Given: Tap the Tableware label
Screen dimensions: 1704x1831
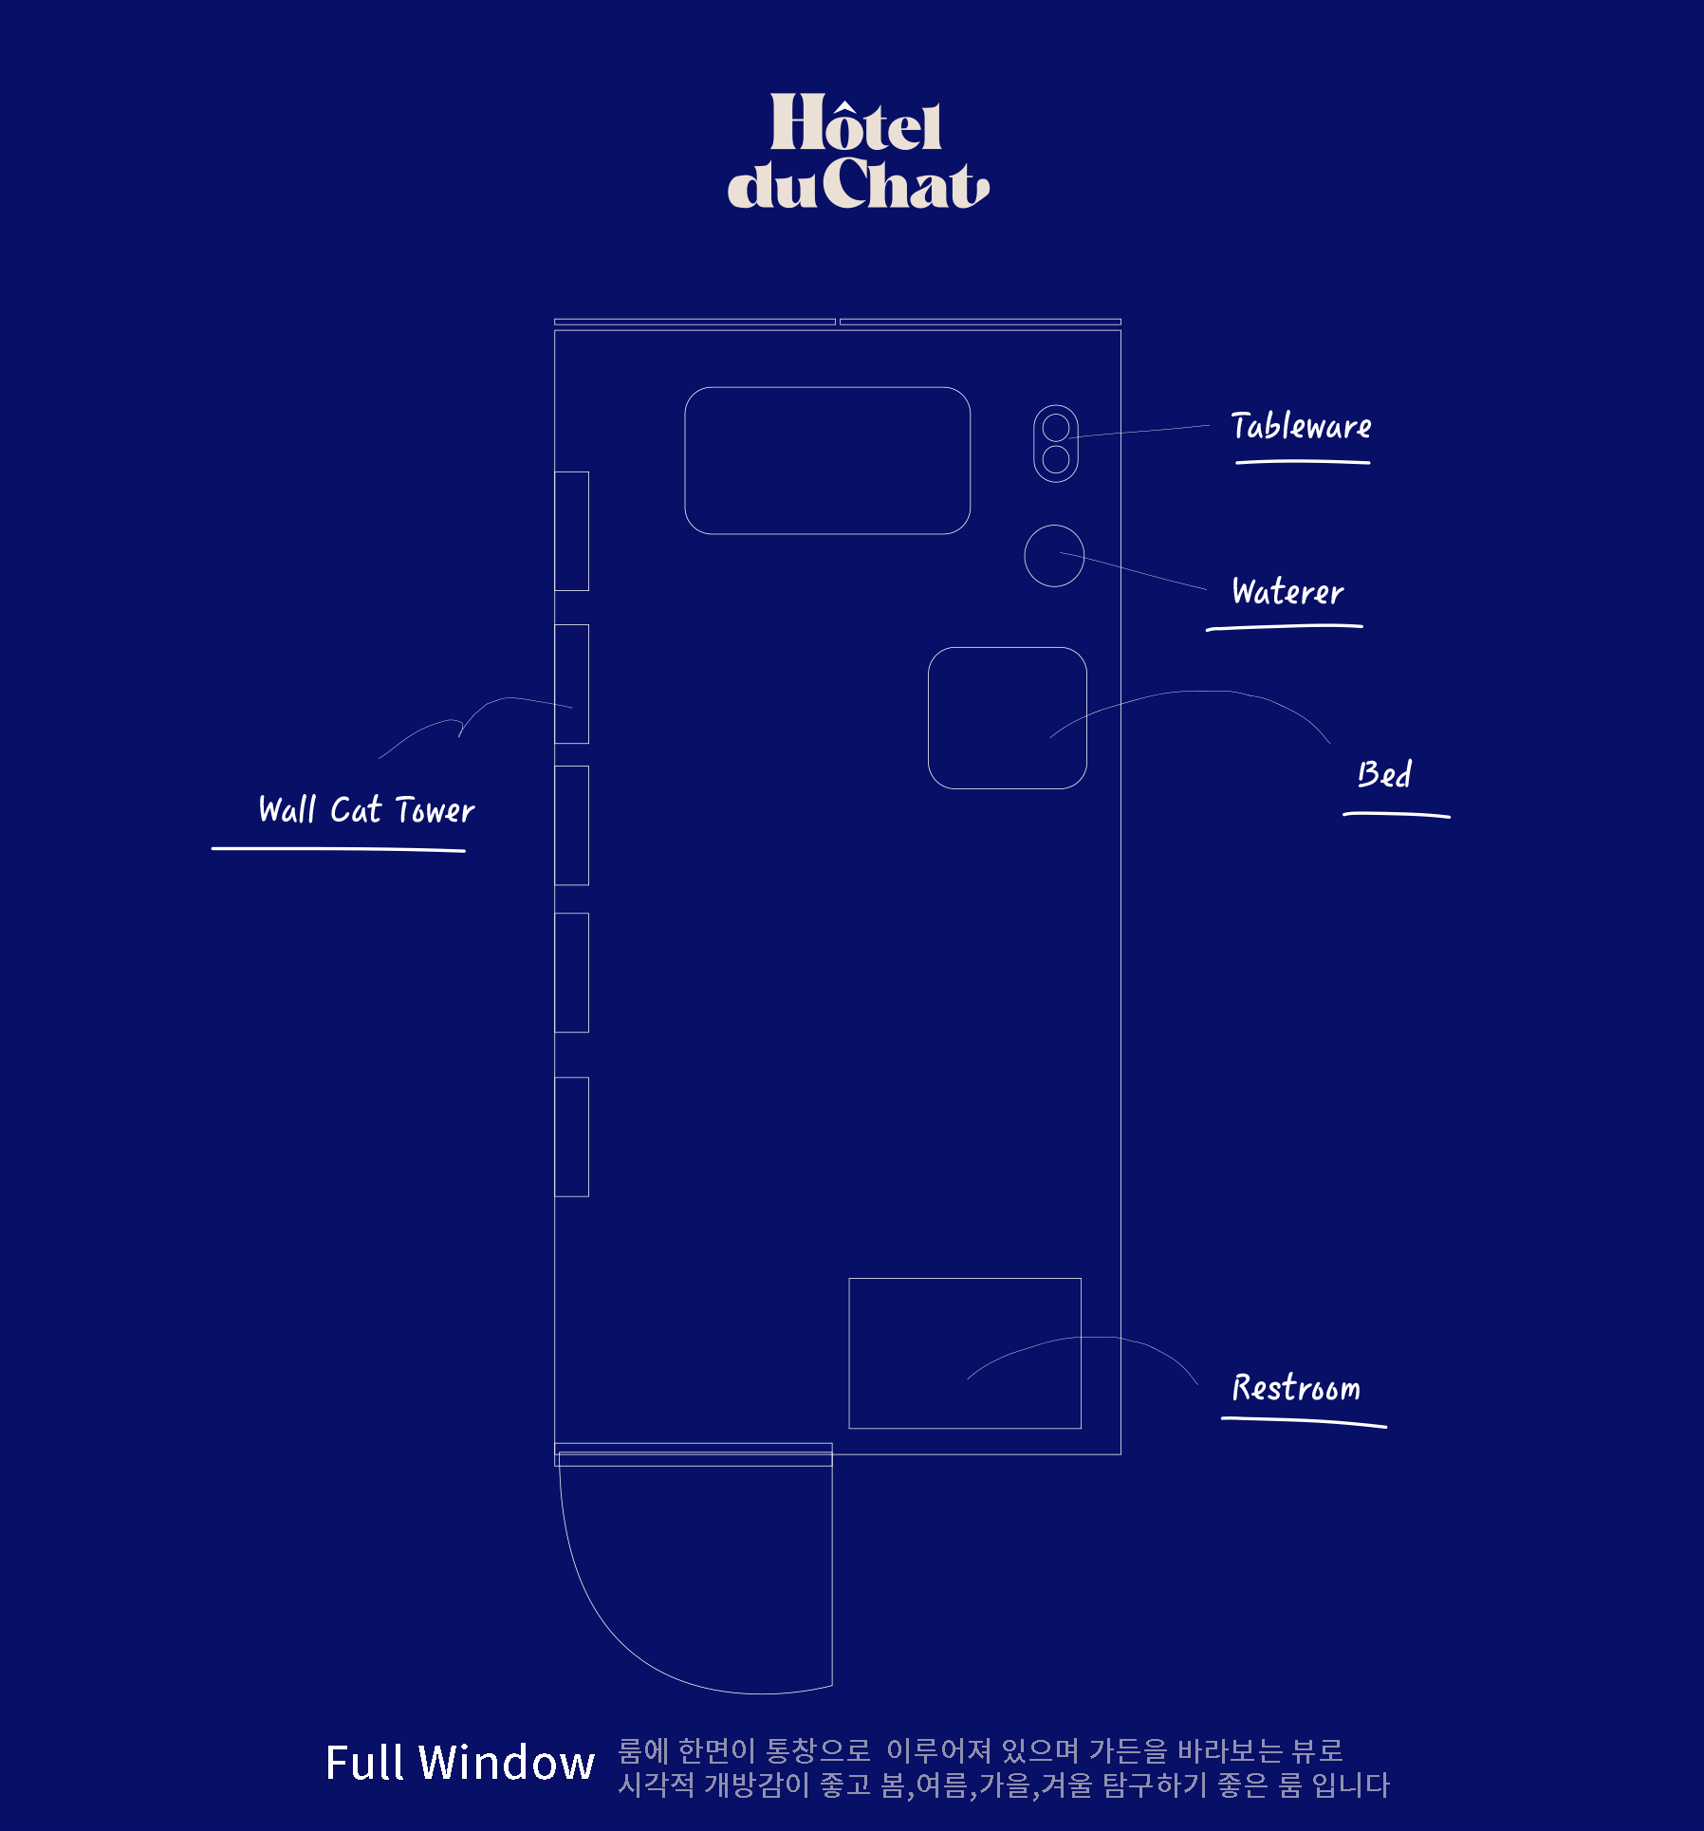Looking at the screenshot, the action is [x=1301, y=427].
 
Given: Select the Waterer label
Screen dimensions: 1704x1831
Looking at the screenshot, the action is [x=1287, y=592].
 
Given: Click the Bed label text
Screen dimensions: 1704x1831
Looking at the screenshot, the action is [x=1384, y=774].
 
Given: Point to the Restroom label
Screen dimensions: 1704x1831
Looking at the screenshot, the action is [x=1296, y=1388].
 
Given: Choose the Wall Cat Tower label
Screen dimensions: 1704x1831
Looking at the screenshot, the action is [x=366, y=810].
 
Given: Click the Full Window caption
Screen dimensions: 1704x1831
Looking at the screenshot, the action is [x=460, y=1763].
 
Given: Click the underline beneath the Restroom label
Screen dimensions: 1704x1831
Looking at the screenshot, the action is [x=1304, y=1421].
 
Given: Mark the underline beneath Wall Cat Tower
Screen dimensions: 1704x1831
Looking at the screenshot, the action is [x=338, y=849].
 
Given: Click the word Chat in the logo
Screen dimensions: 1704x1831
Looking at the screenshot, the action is [x=906, y=183].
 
